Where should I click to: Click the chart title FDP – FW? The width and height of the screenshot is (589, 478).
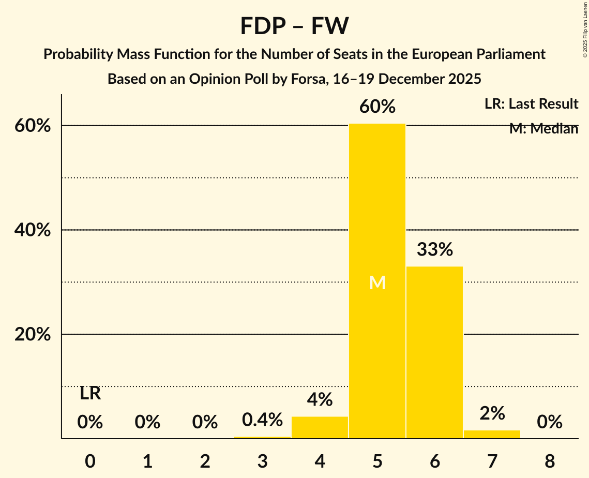[294, 26]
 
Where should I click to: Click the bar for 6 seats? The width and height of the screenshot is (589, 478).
[434, 352]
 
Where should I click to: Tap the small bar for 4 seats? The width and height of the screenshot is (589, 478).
[320, 427]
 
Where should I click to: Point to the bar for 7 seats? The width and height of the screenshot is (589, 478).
[492, 434]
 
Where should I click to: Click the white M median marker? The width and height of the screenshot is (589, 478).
[377, 282]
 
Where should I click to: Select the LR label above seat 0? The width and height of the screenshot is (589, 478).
[90, 394]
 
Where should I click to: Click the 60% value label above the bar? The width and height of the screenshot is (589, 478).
[377, 107]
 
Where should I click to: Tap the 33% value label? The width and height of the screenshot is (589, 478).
[435, 249]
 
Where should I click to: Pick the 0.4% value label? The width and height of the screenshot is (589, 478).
[262, 420]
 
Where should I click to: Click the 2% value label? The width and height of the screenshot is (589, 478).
[492, 413]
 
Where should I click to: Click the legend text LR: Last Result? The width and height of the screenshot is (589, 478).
[531, 104]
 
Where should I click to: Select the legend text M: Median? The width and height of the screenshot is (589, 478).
[543, 129]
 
